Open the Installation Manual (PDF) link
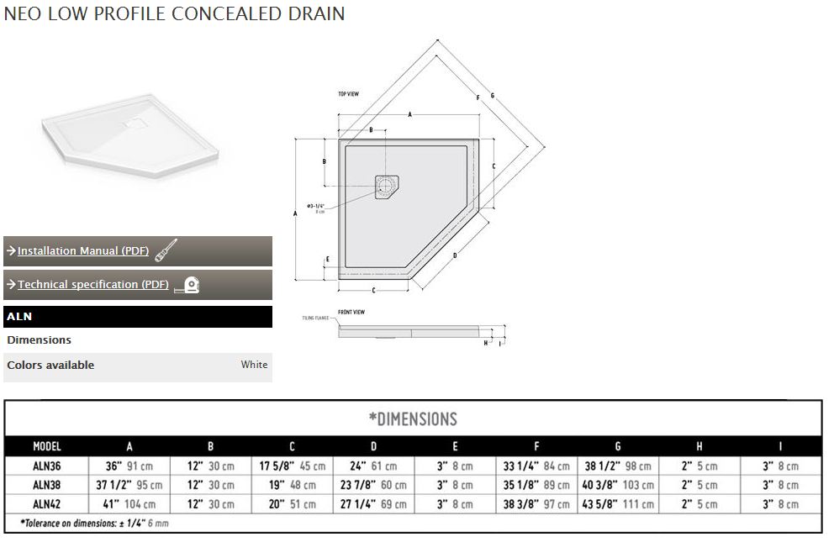pyautogui.click(x=83, y=251)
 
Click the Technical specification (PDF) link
pyautogui.click(x=92, y=285)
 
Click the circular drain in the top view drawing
pyautogui.click(x=387, y=185)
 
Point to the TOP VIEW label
pyautogui.click(x=349, y=94)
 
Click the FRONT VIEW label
pyautogui.click(x=351, y=312)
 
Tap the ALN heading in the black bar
pyautogui.click(x=18, y=317)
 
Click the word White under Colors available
pyautogui.click(x=254, y=365)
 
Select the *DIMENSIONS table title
pyautogui.click(x=413, y=418)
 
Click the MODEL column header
pyautogui.click(x=47, y=447)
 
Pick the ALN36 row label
pyautogui.click(x=47, y=466)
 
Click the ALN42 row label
pyautogui.click(x=47, y=504)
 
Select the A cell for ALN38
pyautogui.click(x=129, y=485)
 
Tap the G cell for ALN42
pyautogui.click(x=617, y=504)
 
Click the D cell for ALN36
pyautogui.click(x=373, y=466)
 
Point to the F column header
pyautogui.click(x=536, y=447)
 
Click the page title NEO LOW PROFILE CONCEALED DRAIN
pyautogui.click(x=174, y=14)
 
